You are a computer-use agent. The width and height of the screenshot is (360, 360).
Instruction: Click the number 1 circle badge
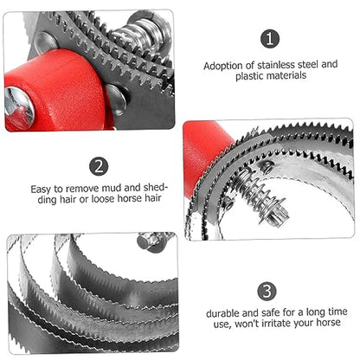[270, 39]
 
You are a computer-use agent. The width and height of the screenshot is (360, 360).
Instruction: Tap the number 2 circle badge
[99, 167]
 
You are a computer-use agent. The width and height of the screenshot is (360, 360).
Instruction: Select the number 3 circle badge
[267, 292]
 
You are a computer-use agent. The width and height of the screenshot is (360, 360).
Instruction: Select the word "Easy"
[42, 190]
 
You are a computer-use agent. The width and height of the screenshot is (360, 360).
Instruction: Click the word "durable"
[222, 313]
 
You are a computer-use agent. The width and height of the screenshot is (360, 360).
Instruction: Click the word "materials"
[286, 76]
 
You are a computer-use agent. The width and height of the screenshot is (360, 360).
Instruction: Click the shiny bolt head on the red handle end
[19, 107]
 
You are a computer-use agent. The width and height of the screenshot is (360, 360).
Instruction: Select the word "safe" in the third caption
[271, 313]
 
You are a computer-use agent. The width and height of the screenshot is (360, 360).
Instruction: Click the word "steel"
[308, 65]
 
